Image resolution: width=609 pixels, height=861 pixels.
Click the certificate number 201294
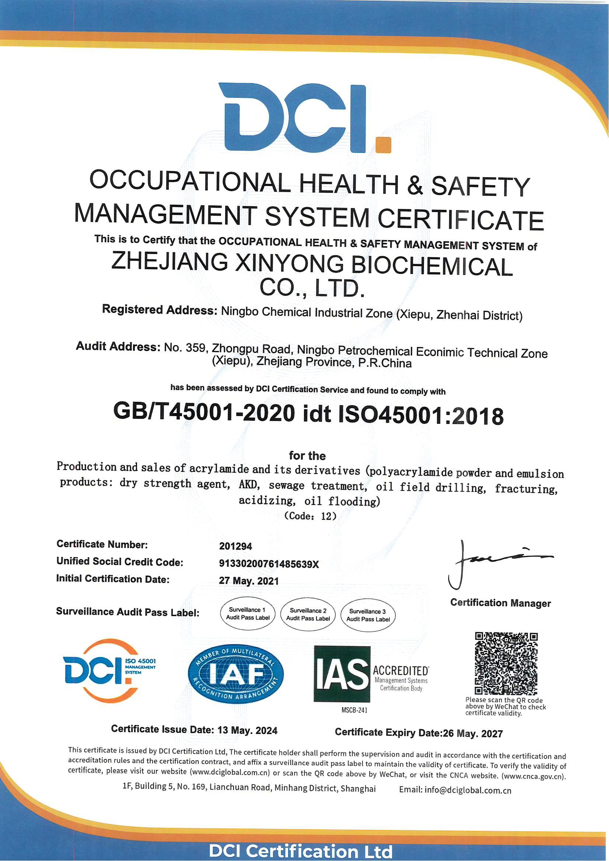point(235,546)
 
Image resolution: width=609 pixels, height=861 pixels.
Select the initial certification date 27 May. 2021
point(249,581)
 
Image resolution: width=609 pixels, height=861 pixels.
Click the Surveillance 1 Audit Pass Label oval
point(248,614)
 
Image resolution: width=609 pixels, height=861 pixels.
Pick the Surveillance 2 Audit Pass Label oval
point(308,614)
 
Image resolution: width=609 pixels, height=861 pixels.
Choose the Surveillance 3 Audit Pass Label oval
point(368,615)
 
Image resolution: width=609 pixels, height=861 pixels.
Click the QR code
point(506,663)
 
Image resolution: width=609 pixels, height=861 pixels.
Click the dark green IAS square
point(342,674)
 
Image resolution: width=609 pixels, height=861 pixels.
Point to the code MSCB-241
point(354,710)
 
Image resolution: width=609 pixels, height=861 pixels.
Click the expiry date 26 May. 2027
point(473,734)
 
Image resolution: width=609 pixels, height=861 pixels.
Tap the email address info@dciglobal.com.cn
point(468,791)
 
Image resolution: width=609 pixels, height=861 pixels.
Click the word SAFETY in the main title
point(480,186)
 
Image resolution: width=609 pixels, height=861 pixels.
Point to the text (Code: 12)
point(310,516)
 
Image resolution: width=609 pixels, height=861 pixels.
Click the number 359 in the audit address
point(196,348)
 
